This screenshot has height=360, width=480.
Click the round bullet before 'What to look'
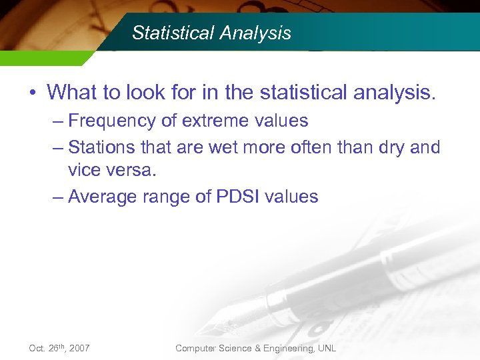(x=32, y=92)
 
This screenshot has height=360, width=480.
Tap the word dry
(x=388, y=147)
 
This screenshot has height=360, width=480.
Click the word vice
(x=84, y=171)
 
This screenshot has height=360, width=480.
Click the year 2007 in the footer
(x=78, y=349)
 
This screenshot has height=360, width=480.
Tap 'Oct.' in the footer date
(x=37, y=349)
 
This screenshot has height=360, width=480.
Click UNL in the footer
(x=327, y=349)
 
